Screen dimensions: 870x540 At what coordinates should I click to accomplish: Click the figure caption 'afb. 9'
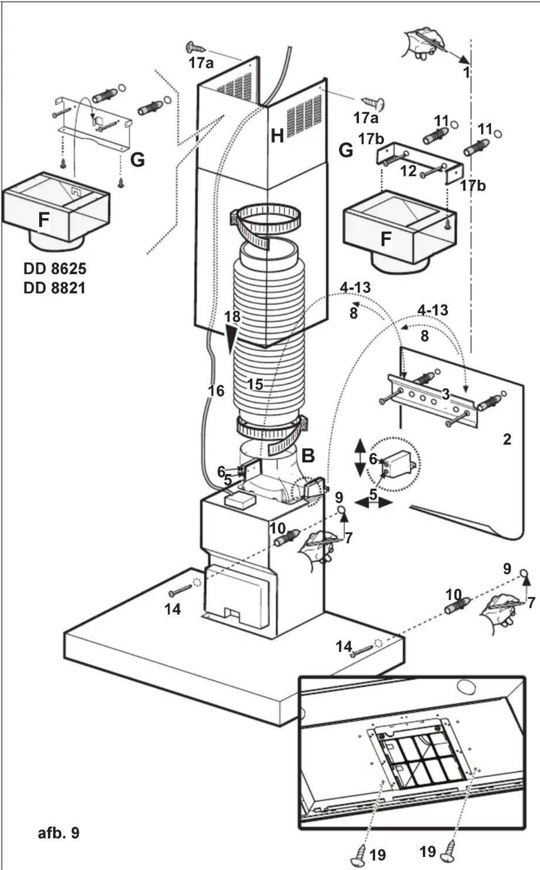[58, 832]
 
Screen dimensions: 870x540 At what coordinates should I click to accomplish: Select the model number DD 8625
[55, 268]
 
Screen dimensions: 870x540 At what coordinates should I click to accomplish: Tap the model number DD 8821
[55, 288]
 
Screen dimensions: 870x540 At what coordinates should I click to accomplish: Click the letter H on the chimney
[277, 137]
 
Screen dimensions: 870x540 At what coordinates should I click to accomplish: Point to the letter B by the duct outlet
[308, 456]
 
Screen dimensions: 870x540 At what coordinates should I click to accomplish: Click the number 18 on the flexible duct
[233, 316]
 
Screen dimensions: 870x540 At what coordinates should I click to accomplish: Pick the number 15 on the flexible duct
[255, 385]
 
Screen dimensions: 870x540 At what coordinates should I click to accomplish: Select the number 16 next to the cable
[216, 391]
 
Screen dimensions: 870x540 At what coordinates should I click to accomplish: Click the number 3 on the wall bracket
[445, 395]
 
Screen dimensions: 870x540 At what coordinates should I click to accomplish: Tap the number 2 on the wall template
[506, 439]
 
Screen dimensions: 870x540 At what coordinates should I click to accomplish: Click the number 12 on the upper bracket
[409, 171]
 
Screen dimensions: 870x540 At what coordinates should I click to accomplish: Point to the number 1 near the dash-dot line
[466, 72]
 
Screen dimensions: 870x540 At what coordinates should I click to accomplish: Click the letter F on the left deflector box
[43, 220]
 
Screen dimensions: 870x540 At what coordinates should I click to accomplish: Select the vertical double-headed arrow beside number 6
[360, 458]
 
